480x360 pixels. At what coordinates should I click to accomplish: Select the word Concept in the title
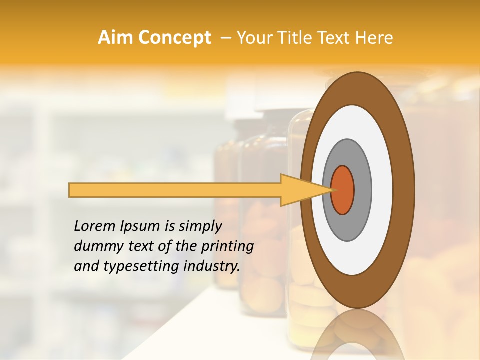(x=174, y=38)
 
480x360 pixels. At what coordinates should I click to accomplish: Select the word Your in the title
(x=252, y=38)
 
